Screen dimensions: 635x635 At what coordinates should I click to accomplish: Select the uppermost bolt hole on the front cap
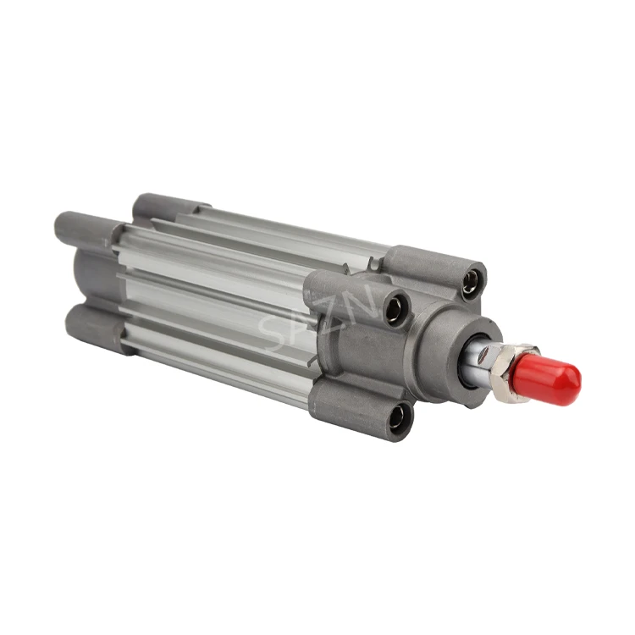470,281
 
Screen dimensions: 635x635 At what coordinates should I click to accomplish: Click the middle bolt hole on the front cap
395,309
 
